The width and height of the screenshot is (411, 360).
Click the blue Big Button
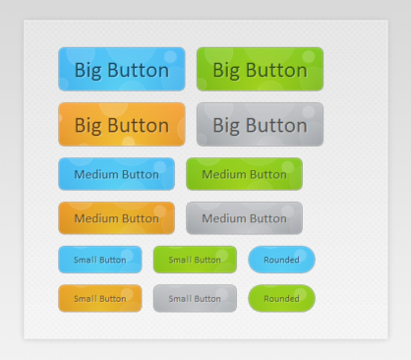122,70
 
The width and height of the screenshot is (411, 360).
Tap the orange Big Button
122,125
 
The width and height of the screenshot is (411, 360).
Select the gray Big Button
260,125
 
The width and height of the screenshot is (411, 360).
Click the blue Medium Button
116,174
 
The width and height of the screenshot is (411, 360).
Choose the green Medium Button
244,174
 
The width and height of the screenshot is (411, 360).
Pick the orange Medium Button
116,217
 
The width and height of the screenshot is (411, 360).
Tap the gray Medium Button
244,217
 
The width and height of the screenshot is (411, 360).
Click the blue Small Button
100,260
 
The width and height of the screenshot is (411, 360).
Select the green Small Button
195,260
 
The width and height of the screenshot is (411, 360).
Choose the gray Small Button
195,298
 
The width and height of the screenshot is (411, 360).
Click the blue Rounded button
281,260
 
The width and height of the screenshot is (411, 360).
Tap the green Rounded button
281,298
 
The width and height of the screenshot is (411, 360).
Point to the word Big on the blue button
90,71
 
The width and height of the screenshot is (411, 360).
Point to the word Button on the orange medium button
141,217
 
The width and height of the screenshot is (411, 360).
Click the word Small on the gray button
180,298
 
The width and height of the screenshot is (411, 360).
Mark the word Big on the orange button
90,126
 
